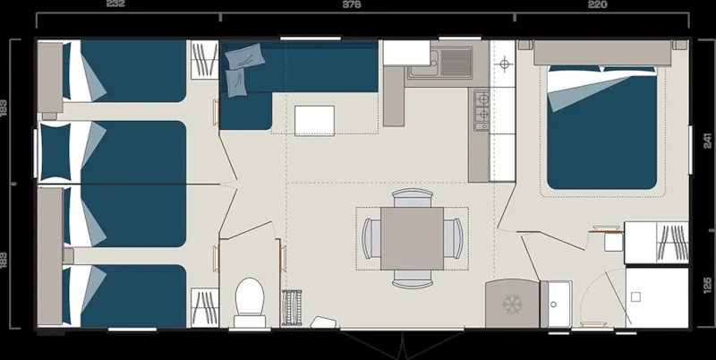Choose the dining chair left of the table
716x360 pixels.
tap(371, 237)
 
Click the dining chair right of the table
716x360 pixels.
tap(453, 237)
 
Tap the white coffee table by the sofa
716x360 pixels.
tap(314, 119)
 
